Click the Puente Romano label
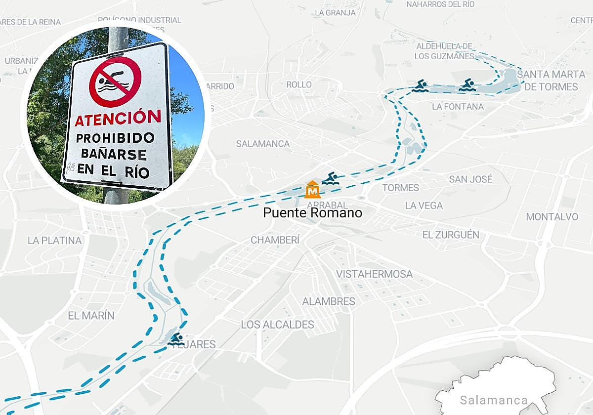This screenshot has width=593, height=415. [312, 213]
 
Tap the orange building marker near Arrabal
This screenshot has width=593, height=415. [312, 189]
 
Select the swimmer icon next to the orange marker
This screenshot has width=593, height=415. [331, 178]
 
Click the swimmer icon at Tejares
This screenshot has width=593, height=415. [175, 339]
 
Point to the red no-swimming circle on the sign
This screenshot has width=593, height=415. [115, 82]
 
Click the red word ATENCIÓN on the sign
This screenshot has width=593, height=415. [118, 118]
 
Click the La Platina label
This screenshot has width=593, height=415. [54, 241]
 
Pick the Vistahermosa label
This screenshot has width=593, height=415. [374, 274]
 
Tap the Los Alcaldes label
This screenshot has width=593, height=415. [277, 325]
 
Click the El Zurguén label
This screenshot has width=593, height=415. [451, 235]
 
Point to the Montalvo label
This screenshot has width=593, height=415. [552, 217]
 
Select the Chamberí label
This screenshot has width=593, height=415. [275, 240]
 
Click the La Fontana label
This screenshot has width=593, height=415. [458, 107]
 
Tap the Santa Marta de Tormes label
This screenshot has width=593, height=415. [551, 81]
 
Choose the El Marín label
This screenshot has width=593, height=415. [91, 315]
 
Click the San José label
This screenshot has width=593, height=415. [470, 179]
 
